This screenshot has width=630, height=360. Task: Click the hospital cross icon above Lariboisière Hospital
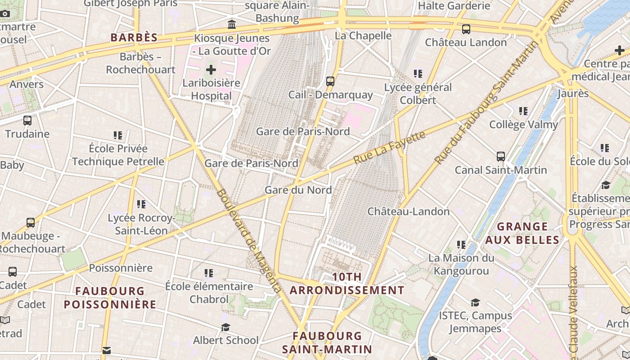(x=211, y=70)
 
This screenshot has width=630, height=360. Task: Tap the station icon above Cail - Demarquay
(x=330, y=81)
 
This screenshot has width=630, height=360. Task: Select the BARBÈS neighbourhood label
(x=134, y=38)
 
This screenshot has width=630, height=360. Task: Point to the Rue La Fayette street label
(x=389, y=148)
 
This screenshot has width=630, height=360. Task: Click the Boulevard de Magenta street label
(x=248, y=240)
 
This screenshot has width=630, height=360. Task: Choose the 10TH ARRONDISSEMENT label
(x=347, y=283)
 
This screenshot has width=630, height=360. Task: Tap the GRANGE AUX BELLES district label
(x=522, y=233)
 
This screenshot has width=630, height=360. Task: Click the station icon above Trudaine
(x=27, y=121)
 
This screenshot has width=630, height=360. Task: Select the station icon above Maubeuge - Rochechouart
(x=31, y=223)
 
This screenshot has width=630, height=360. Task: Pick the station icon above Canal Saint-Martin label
(x=501, y=157)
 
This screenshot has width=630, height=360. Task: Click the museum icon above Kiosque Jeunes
(x=232, y=24)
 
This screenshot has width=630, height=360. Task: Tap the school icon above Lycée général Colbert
(x=418, y=73)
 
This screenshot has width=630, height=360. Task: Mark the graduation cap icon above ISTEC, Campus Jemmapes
(x=475, y=302)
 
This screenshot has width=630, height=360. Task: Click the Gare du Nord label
(x=298, y=190)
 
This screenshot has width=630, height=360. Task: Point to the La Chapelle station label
(x=364, y=36)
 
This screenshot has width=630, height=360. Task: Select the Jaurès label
(x=573, y=94)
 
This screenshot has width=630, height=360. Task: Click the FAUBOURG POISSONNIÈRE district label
(x=110, y=298)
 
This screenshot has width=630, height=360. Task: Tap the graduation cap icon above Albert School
(x=225, y=327)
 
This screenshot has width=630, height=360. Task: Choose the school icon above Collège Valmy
(x=523, y=111)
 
